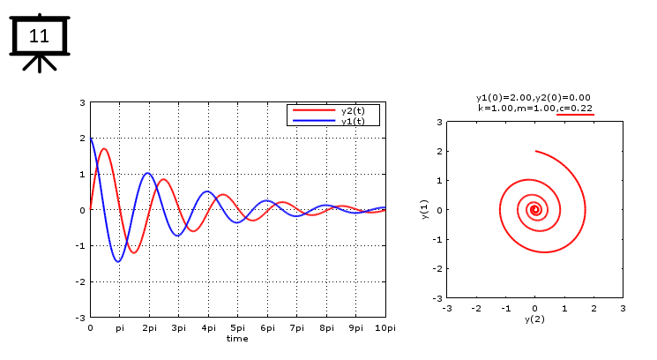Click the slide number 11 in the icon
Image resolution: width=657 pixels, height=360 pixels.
pyautogui.click(x=39, y=36)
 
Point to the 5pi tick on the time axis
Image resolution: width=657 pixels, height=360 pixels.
pyautogui.click(x=237, y=328)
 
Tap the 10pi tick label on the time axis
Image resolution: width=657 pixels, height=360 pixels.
pyautogui.click(x=384, y=328)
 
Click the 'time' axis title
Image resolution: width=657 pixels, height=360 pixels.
pyautogui.click(x=237, y=339)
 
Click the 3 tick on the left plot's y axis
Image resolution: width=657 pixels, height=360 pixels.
pyautogui.click(x=82, y=103)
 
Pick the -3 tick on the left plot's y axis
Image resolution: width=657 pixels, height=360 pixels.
pyautogui.click(x=80, y=317)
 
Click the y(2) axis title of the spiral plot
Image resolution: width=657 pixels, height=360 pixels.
pyautogui.click(x=534, y=319)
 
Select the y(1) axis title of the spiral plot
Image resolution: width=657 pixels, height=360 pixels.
pyautogui.click(x=425, y=210)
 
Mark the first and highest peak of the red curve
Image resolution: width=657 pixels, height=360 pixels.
pyautogui.click(x=104, y=149)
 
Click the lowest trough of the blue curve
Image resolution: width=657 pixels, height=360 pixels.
pyautogui.click(x=118, y=261)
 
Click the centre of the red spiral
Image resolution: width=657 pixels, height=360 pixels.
pyautogui.click(x=534, y=210)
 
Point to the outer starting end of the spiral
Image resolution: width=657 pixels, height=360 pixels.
pyautogui.click(x=536, y=152)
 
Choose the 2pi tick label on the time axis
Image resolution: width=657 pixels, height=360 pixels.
pyautogui.click(x=148, y=328)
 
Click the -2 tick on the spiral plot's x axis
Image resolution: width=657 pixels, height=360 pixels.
pyautogui.click(x=476, y=308)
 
